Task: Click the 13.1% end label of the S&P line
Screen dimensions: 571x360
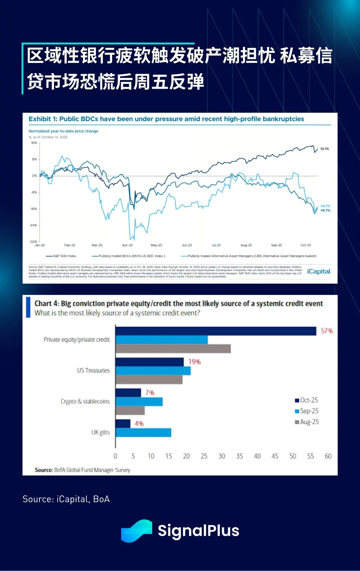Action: (x=324, y=149)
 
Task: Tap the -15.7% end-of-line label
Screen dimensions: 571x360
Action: (x=325, y=210)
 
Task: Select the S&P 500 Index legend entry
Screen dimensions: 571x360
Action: (x=64, y=256)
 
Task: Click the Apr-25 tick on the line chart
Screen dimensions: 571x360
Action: (x=127, y=245)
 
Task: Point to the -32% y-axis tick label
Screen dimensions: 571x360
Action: (x=33, y=242)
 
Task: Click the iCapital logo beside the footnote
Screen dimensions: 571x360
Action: (x=319, y=271)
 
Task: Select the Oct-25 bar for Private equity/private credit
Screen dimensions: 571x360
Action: (x=216, y=331)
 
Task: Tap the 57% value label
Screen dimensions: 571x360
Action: (x=327, y=331)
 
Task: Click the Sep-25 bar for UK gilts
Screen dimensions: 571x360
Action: (x=143, y=433)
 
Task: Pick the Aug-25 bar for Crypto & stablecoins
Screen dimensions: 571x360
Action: (x=130, y=410)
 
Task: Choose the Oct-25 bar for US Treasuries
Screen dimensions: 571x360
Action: (x=150, y=362)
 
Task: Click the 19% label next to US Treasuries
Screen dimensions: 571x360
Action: (x=194, y=362)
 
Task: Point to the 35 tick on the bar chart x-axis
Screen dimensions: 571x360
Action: (x=239, y=456)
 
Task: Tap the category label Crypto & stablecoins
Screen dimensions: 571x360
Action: (x=85, y=401)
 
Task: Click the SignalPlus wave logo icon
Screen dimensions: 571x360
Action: (x=136, y=530)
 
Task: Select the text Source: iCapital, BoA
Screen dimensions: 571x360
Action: (x=66, y=499)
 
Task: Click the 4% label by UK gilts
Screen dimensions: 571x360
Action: (x=139, y=424)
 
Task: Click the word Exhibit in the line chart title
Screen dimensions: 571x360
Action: (x=39, y=119)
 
